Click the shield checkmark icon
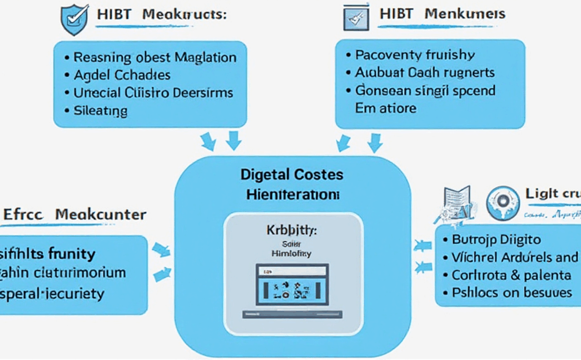coord(74,19)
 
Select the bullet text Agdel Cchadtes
coord(122,75)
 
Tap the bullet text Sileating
coord(101,111)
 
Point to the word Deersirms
coord(203,93)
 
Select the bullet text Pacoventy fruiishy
coord(415,55)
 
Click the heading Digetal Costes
coord(292,175)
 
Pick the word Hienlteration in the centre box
coord(292,194)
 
